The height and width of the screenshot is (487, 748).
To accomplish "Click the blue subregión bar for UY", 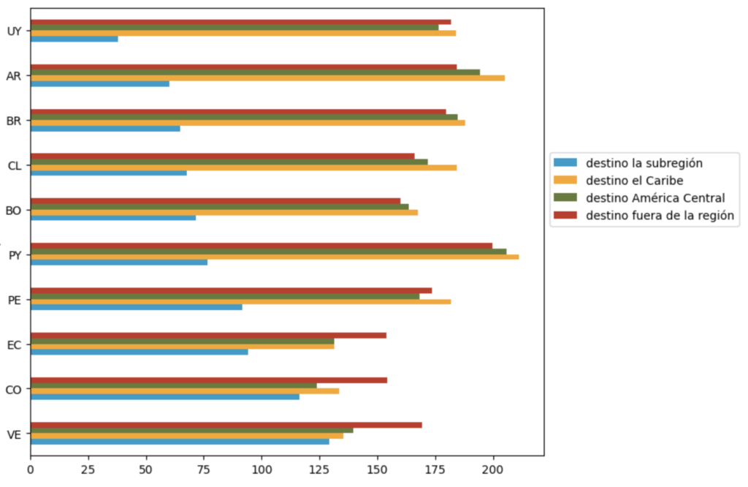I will [74, 39].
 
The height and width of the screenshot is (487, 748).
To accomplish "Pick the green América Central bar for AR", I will [255, 72].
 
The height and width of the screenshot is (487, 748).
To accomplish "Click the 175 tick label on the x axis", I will [435, 469].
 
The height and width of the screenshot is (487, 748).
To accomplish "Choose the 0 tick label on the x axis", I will [31, 469].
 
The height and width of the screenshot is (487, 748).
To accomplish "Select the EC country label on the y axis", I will [12, 344].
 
